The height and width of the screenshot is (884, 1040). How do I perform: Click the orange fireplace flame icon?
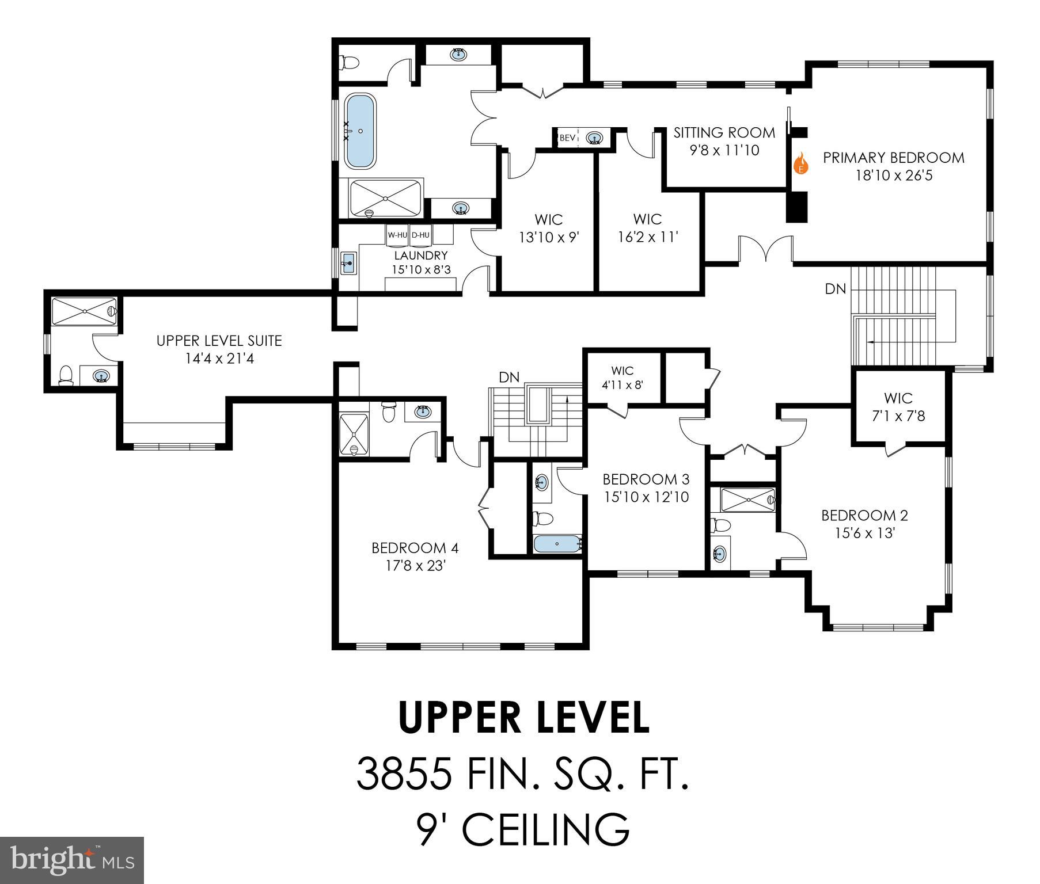pyautogui.click(x=800, y=163)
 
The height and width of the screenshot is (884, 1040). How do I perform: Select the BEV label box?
pyautogui.click(x=567, y=138)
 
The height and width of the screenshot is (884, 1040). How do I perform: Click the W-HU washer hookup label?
pyautogui.click(x=397, y=235)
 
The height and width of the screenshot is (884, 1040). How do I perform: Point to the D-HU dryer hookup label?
pyautogui.click(x=420, y=235)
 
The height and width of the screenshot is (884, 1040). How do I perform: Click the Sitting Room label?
pyautogui.click(x=724, y=133)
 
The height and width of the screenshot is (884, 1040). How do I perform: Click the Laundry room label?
pyautogui.click(x=421, y=256)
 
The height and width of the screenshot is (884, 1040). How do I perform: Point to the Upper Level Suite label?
pyautogui.click(x=219, y=341)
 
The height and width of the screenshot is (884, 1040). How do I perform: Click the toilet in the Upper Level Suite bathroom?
pyautogui.click(x=67, y=375)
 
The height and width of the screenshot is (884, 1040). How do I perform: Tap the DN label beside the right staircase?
pyautogui.click(x=836, y=289)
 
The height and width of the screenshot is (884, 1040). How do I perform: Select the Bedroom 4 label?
pyautogui.click(x=415, y=547)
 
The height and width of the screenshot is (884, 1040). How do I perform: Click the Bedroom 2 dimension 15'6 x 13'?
pyautogui.click(x=864, y=534)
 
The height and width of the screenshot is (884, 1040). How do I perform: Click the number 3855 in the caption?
pyautogui.click(x=403, y=774)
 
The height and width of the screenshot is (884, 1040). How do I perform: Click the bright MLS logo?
pyautogui.click(x=72, y=860)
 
